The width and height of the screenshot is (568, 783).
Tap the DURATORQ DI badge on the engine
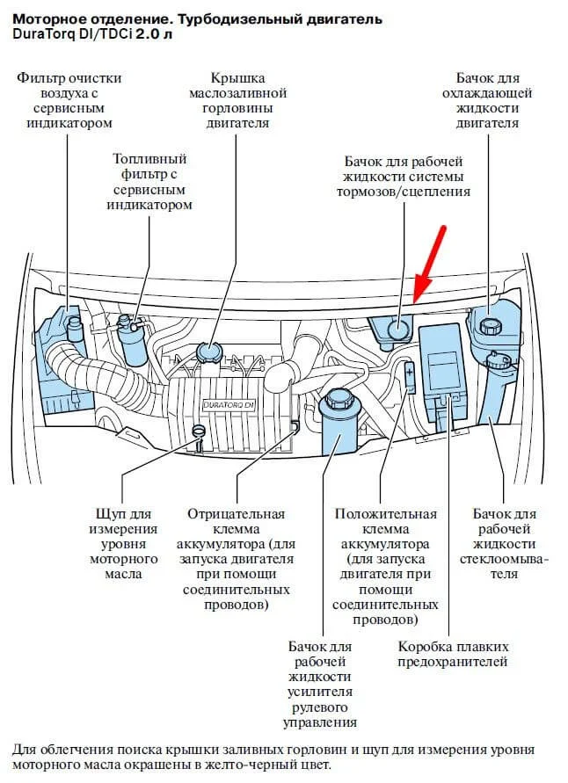[x=228, y=405]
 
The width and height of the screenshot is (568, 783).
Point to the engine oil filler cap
[x=209, y=352]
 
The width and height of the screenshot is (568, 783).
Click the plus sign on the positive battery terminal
[x=410, y=373]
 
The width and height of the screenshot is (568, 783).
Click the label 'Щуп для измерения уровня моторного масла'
[x=123, y=543]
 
